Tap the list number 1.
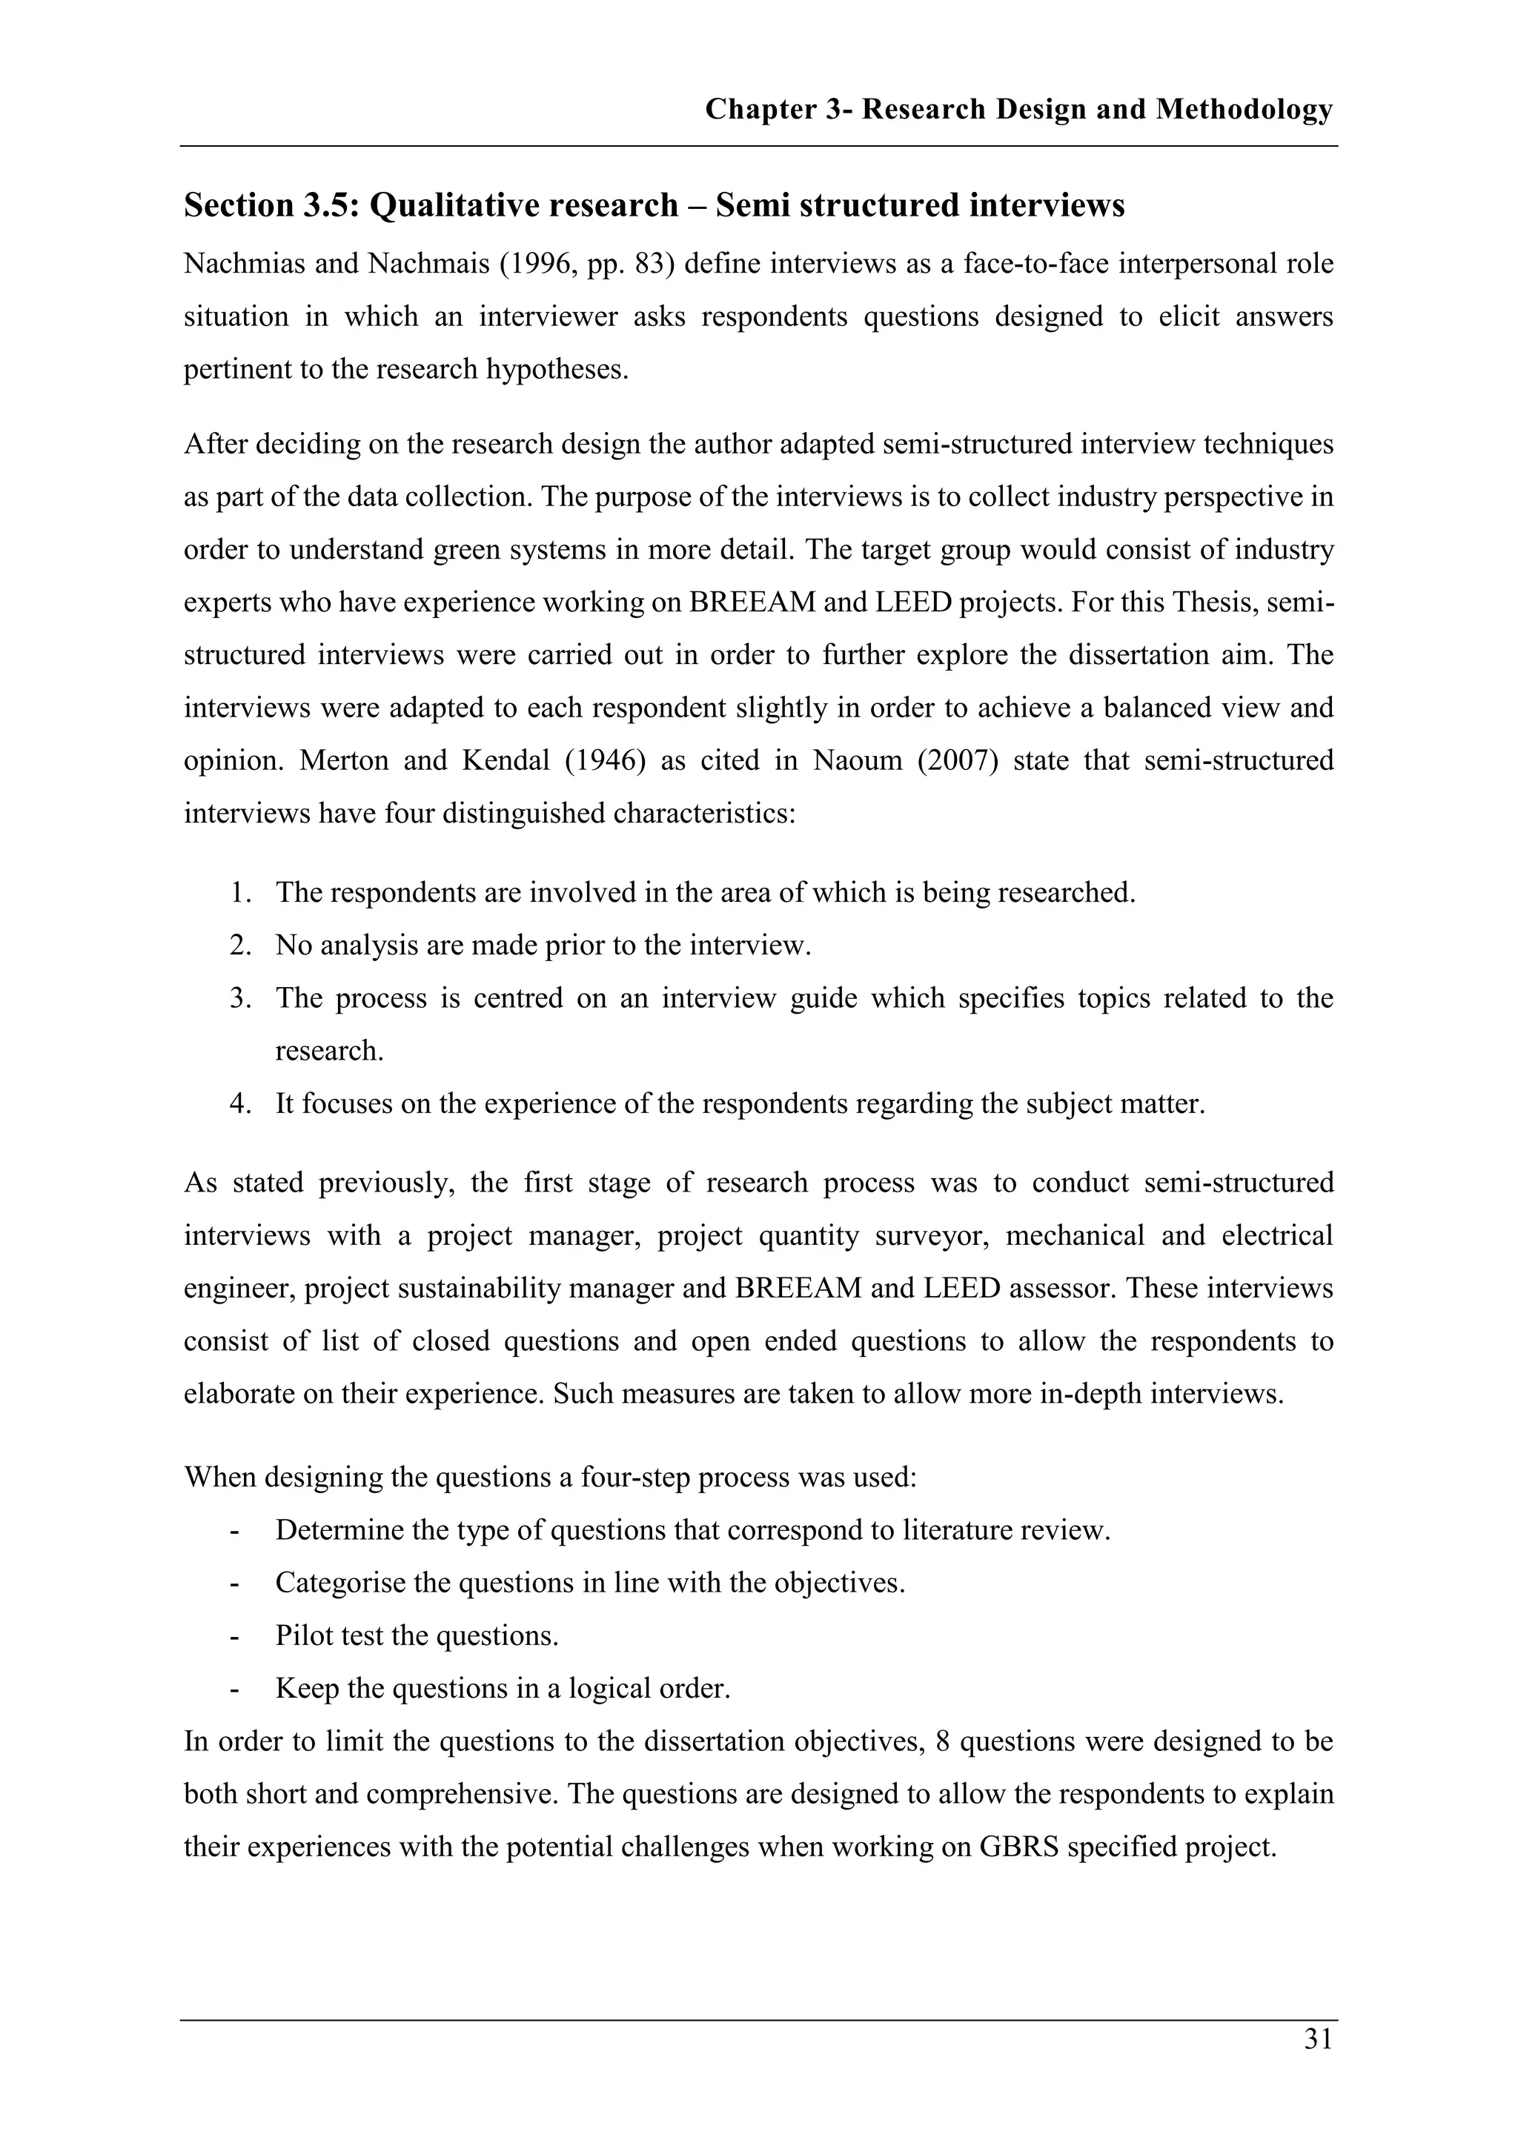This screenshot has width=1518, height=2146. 240,893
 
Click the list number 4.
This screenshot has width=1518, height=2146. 240,1104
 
